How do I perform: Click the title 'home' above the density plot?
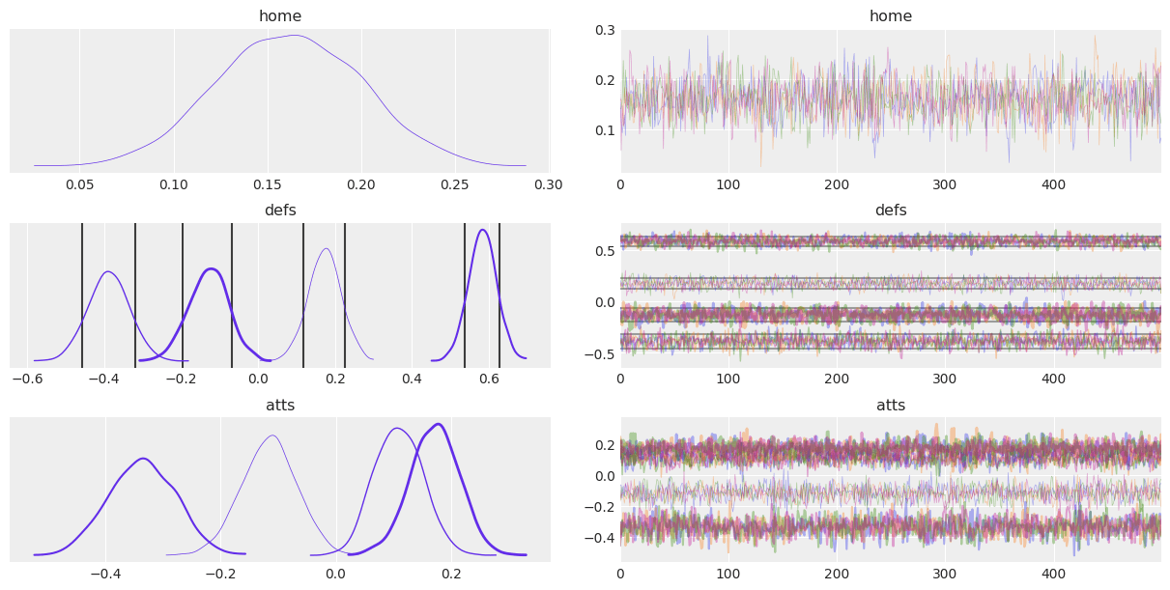[279, 15]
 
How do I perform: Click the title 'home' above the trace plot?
[890, 15]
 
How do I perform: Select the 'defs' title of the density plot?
[279, 210]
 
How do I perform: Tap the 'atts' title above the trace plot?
[890, 405]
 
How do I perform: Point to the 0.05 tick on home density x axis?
[79, 183]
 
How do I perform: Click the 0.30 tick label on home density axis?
[548, 183]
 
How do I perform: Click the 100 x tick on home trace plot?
[728, 183]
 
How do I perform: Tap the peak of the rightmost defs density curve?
[483, 230]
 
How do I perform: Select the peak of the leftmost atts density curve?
[143, 459]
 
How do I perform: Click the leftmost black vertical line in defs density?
[82, 295]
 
